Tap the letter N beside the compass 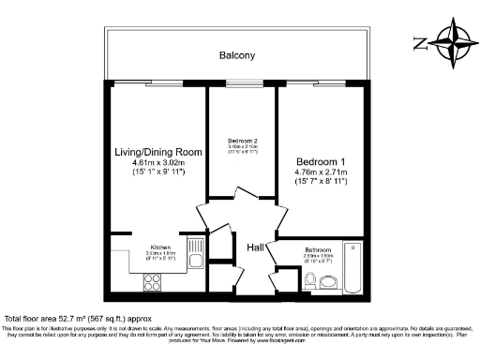418,43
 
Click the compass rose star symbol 454,43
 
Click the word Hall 255,247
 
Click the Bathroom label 319,249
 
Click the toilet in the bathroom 309,277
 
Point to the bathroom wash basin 291,277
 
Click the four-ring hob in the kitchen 153,281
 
